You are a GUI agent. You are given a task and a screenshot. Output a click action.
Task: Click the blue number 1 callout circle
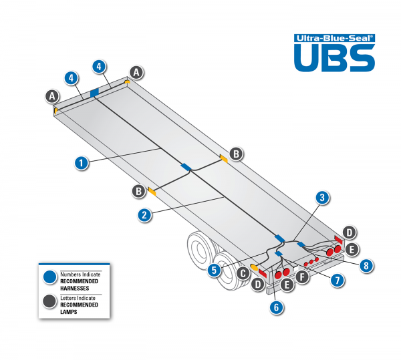(x=81, y=162)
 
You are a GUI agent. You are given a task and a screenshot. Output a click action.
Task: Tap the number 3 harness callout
(x=322, y=198)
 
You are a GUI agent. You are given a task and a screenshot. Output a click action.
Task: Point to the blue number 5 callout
(x=213, y=270)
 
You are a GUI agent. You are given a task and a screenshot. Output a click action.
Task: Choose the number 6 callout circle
(x=275, y=307)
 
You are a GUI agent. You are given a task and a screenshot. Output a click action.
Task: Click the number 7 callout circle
(x=338, y=281)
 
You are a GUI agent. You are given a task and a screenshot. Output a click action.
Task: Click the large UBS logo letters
(x=333, y=59)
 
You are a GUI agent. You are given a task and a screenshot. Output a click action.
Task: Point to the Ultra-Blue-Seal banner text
(x=334, y=38)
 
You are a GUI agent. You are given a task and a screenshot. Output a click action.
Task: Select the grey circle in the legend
(x=49, y=302)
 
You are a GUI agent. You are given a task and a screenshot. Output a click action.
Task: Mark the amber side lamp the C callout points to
(x=255, y=267)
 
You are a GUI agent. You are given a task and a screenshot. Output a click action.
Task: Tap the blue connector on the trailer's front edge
(x=94, y=91)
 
